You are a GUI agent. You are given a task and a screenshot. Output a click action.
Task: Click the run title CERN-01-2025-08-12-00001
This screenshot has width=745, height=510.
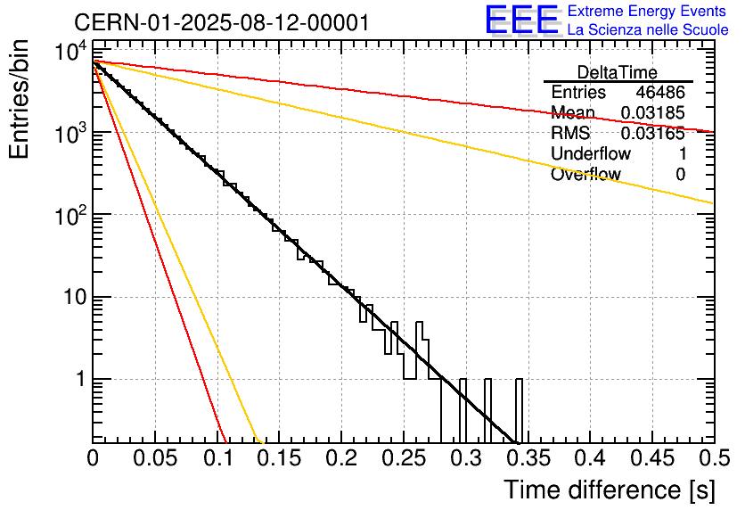point(221,22)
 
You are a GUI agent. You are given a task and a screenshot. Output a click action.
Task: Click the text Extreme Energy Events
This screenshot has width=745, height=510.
point(646,12)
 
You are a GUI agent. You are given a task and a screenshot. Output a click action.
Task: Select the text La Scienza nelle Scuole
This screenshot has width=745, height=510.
point(648,29)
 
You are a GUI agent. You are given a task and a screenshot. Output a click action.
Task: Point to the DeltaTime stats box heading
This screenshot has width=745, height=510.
point(618,72)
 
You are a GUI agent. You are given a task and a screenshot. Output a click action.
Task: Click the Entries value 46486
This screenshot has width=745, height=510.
point(660,93)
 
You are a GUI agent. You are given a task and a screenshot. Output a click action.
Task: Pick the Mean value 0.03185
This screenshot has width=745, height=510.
point(653,113)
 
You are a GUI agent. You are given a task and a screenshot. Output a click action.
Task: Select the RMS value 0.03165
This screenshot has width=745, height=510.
point(653,134)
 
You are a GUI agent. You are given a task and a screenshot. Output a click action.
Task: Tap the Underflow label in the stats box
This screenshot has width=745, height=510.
point(591,154)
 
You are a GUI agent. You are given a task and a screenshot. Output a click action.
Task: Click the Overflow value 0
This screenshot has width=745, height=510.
point(680,175)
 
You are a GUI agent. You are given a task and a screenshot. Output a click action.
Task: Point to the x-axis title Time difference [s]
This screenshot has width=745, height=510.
point(609,489)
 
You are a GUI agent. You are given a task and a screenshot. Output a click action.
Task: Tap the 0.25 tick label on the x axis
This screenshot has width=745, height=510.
point(403,459)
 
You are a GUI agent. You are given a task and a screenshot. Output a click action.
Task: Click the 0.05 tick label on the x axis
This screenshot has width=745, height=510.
point(155,459)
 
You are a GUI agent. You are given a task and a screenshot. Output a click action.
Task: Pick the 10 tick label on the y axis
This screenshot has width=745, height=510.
point(71,297)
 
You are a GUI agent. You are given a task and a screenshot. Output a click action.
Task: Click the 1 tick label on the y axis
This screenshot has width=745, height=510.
point(78,380)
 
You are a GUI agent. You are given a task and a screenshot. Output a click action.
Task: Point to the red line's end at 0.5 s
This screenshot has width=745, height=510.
point(711,132)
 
